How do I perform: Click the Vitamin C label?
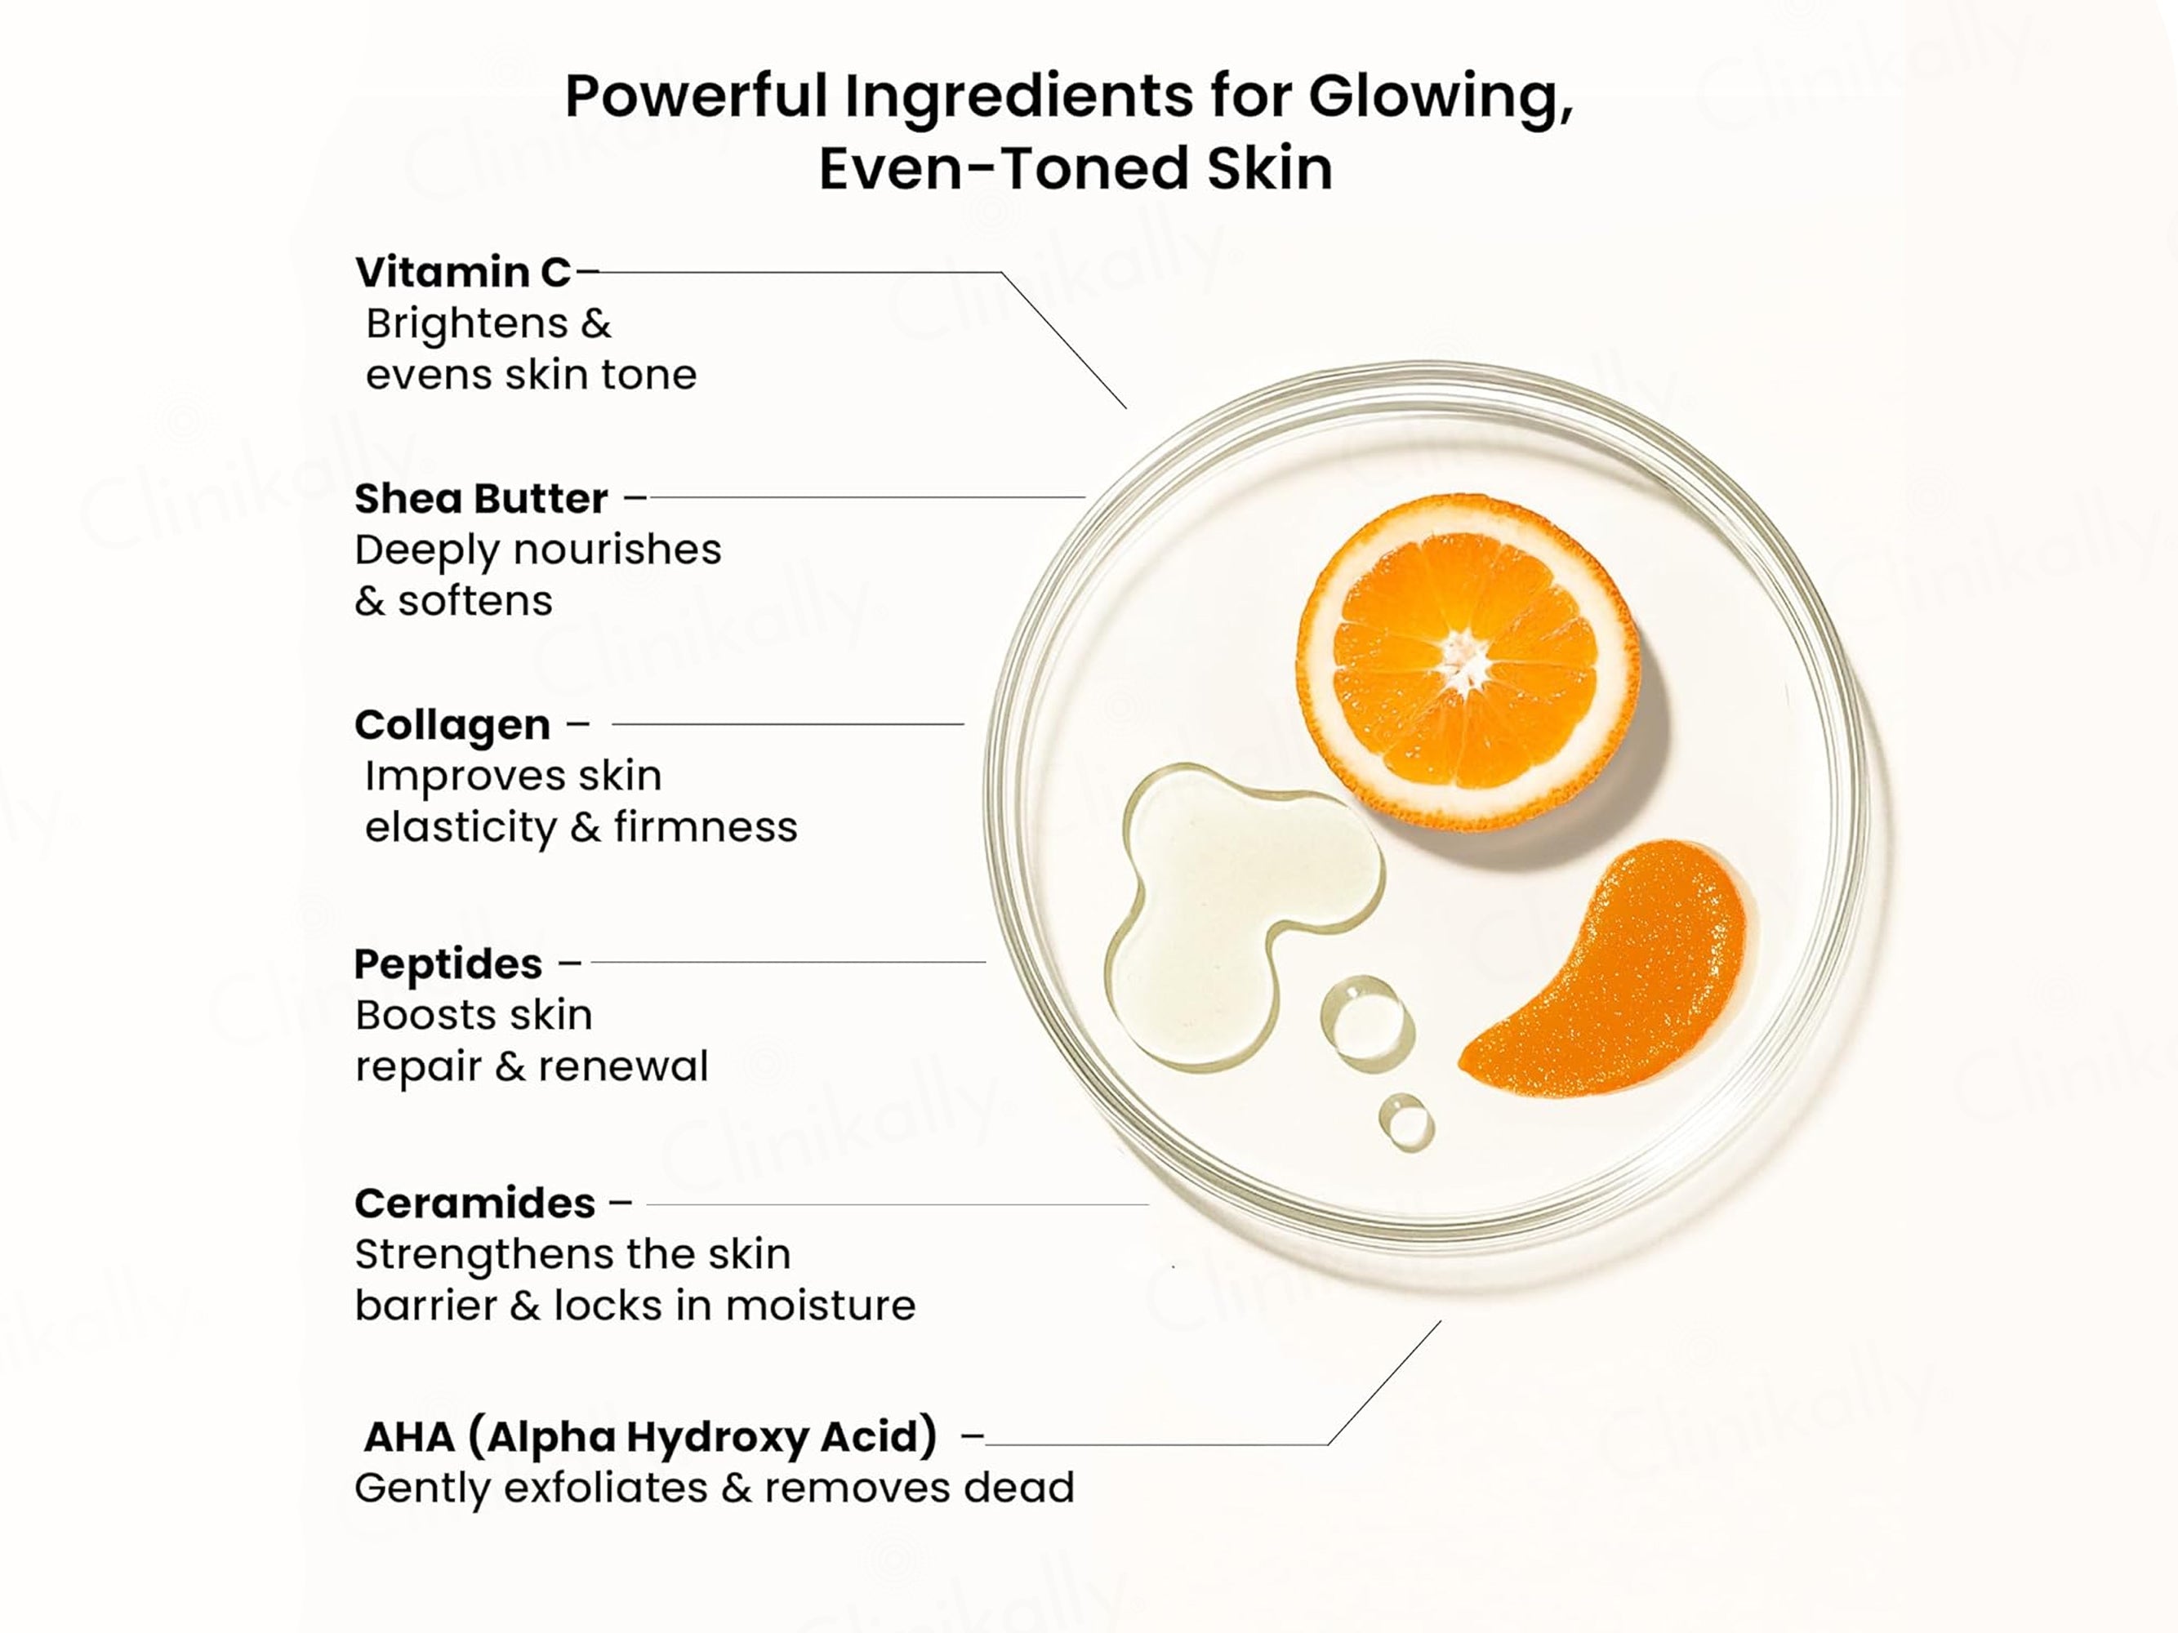click(x=463, y=273)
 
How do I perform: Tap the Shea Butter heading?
click(x=480, y=499)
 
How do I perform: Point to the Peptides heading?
click(x=448, y=964)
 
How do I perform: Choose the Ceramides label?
click(x=474, y=1203)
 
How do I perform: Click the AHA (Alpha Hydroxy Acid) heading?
click(x=650, y=1437)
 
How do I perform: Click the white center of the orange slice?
click(x=1464, y=660)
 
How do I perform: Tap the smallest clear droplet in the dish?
click(x=1406, y=1121)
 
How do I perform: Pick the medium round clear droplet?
click(x=1368, y=1023)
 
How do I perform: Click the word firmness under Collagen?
click(x=705, y=827)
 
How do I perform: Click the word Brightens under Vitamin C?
click(x=467, y=325)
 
